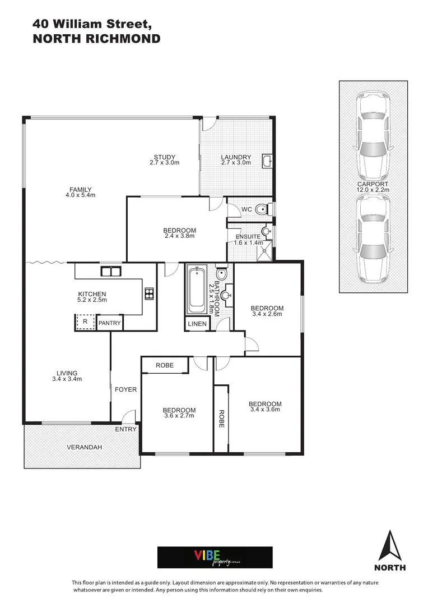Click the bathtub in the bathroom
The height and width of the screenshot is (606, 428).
pyautogui.click(x=196, y=291)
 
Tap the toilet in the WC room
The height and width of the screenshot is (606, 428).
pyautogui.click(x=261, y=210)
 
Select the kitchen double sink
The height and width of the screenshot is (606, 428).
pyautogui.click(x=111, y=272)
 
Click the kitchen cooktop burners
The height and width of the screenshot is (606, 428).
pyautogui.click(x=150, y=293)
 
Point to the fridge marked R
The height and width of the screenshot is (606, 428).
pyautogui.click(x=85, y=323)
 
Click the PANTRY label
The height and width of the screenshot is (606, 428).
pyautogui.click(x=109, y=324)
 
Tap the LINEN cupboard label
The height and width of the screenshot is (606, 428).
pyautogui.click(x=197, y=324)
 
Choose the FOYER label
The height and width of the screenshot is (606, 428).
pyautogui.click(x=125, y=389)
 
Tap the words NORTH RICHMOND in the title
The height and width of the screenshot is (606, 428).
pyautogui.click(x=96, y=39)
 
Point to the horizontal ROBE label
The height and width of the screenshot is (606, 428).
pyautogui.click(x=164, y=365)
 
